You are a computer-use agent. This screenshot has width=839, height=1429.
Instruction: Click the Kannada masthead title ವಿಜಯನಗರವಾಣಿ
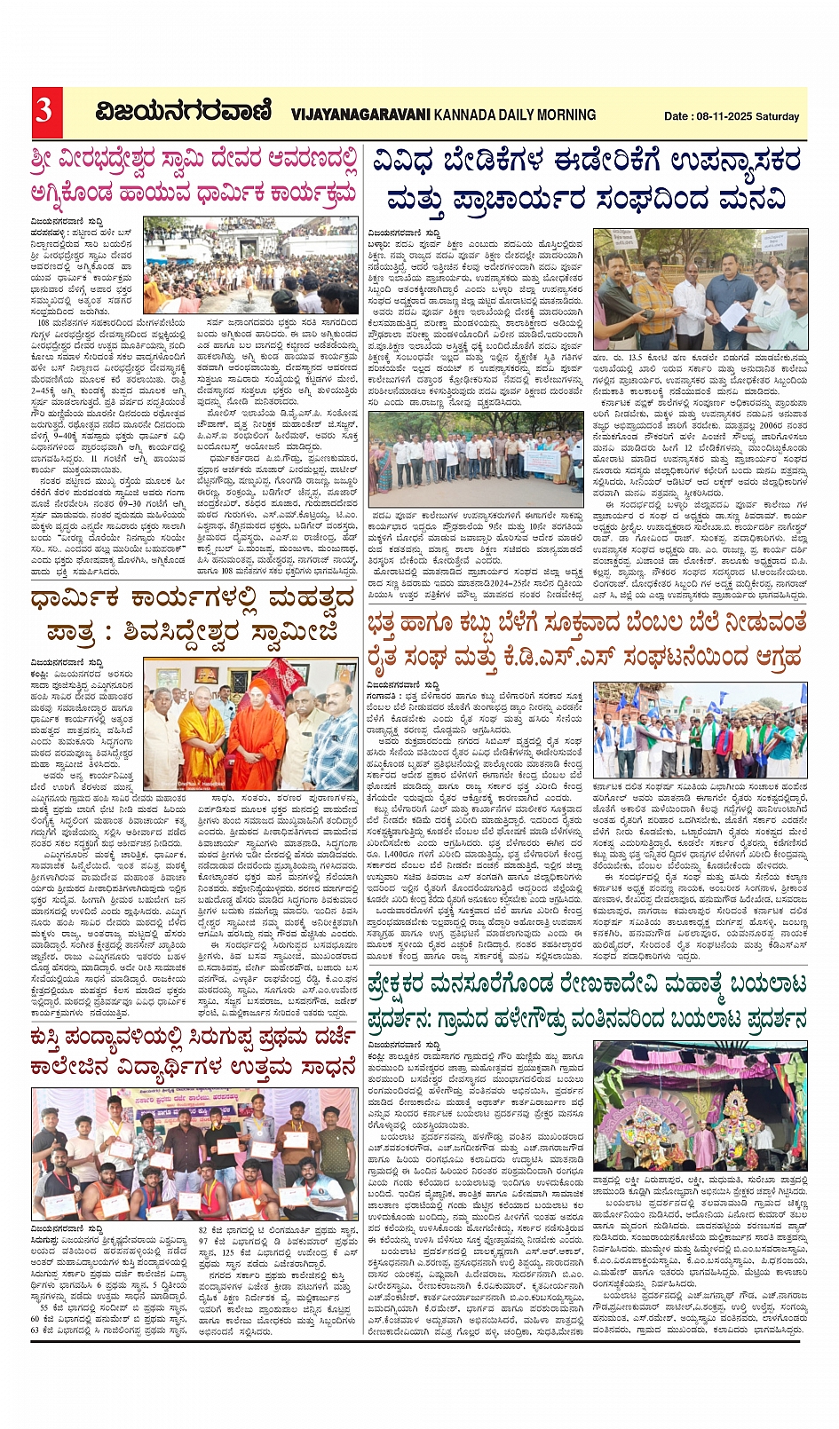tap(184, 112)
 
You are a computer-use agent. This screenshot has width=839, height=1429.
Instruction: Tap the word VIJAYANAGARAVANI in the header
tap(360, 114)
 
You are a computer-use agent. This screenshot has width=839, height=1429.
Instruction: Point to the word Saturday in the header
tap(778, 116)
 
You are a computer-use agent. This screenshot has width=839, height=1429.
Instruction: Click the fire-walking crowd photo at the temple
tap(251, 265)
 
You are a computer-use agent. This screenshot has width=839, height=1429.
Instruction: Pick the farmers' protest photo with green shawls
tap(700, 730)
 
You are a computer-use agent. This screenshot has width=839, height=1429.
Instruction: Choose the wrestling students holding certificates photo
tap(194, 1154)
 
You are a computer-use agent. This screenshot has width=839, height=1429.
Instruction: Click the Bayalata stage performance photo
tap(700, 1105)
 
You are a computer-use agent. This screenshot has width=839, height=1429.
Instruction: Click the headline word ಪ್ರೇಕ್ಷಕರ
tap(420, 986)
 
